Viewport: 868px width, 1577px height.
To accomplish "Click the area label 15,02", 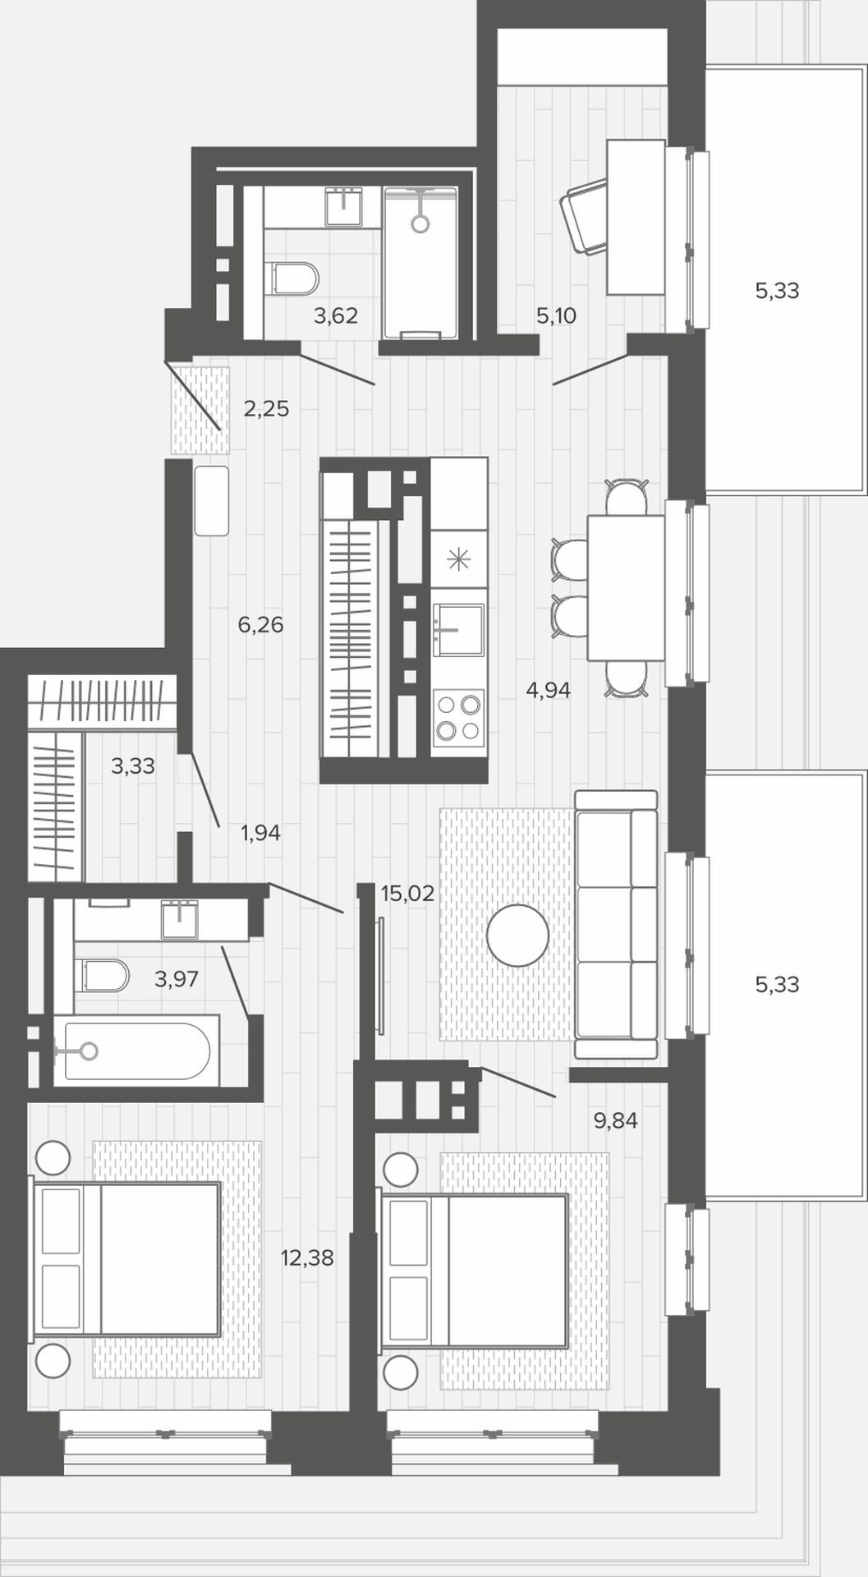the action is tap(407, 894).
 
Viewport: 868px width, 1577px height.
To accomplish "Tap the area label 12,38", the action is tap(307, 1257).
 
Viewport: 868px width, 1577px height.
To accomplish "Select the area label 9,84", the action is tap(616, 1120).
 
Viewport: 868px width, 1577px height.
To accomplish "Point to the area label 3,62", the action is tap(336, 315).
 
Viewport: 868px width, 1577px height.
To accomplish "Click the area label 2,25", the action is tap(266, 408).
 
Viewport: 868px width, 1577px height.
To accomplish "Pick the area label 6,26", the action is tap(260, 625).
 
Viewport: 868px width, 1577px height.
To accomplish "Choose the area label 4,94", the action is tap(548, 691).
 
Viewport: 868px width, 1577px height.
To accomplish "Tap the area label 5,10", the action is tap(556, 315).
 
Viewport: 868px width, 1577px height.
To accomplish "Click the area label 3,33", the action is tap(133, 766).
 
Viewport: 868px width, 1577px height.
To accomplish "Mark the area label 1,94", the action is tap(260, 834).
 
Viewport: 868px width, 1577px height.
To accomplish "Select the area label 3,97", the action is tap(177, 979).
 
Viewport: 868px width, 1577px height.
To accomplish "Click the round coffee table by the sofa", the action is tap(517, 935).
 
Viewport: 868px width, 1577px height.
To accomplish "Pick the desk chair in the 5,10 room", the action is tap(585, 217).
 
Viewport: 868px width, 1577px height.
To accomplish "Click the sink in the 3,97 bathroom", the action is tap(180, 919).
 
